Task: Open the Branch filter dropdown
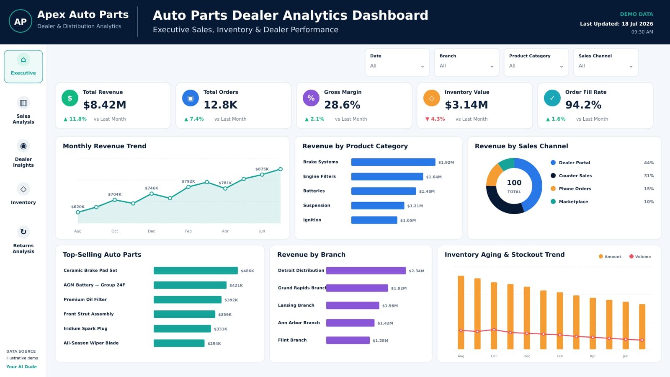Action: pos(466,62)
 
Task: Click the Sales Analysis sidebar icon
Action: pos(23,103)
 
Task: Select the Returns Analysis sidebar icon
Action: pos(23,232)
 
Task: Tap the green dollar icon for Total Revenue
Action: pos(70,98)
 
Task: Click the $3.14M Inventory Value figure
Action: pos(466,105)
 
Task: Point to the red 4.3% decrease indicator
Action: pos(435,119)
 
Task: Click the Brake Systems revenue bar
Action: pos(393,162)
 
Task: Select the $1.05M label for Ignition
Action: pos(408,220)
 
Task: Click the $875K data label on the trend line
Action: pos(262,169)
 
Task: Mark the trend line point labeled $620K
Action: pos(78,212)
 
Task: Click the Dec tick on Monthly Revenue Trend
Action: pos(151,231)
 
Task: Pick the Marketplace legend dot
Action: pos(553,201)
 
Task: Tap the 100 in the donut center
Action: pos(514,183)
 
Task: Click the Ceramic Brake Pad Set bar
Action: pos(196,271)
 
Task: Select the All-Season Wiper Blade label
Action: pos(91,343)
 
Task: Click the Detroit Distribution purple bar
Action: pos(366,271)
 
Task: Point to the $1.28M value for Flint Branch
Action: pos(381,341)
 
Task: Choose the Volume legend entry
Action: pos(640,256)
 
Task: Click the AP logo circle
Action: pos(21,21)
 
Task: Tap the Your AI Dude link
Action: pos(21,367)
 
